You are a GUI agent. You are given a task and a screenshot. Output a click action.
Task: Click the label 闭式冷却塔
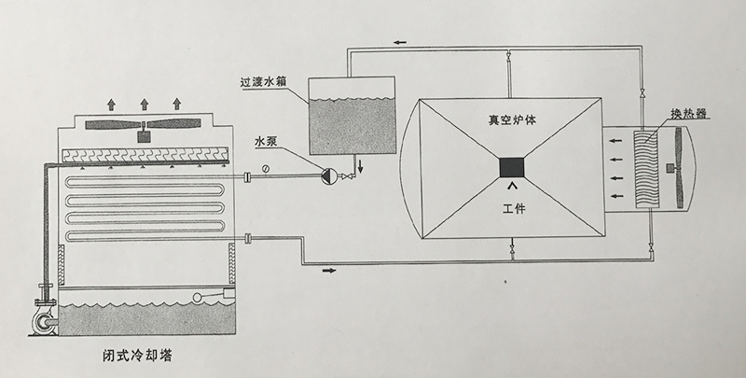(x=138, y=357)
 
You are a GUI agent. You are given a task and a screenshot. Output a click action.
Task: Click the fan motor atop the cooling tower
(x=145, y=135)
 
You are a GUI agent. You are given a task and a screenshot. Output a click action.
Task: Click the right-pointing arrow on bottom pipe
(x=329, y=272)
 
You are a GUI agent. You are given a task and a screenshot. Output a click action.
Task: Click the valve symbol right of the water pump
(x=347, y=176)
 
